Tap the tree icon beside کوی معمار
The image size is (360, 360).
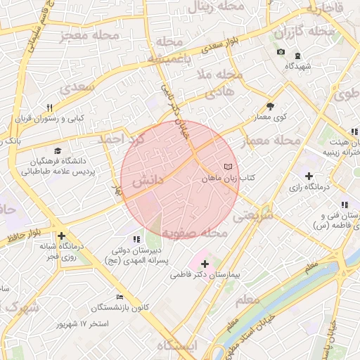click(x=271, y=107)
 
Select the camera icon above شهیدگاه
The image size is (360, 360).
click(x=281, y=53)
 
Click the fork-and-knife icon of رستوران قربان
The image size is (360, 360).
click(x=49, y=108)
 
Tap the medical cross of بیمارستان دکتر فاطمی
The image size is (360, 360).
click(x=205, y=263)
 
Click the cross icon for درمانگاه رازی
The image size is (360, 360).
click(x=308, y=175)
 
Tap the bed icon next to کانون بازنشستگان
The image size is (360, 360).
click(x=119, y=296)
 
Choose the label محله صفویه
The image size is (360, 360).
click(x=194, y=233)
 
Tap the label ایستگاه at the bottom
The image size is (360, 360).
click(x=178, y=345)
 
